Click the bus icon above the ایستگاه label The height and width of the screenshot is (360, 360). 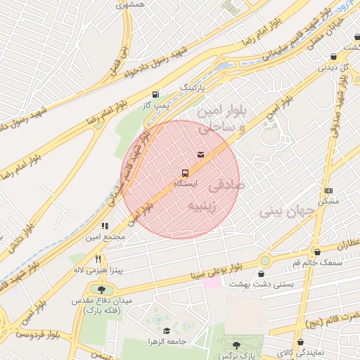pos(185,172)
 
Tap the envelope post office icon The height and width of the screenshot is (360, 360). pos(201,154)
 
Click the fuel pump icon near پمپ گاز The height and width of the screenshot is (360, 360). pos(155,94)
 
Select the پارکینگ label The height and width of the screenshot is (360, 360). pos(195,86)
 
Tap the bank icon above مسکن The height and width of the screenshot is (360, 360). pos(328,191)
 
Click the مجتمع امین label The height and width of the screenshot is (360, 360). pos(105,237)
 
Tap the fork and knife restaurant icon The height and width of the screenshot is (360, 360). pos(98,259)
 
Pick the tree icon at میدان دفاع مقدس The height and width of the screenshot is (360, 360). pos(101,290)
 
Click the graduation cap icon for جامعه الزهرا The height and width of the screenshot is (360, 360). pos(167,331)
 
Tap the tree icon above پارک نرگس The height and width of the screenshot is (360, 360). pos(236,345)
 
